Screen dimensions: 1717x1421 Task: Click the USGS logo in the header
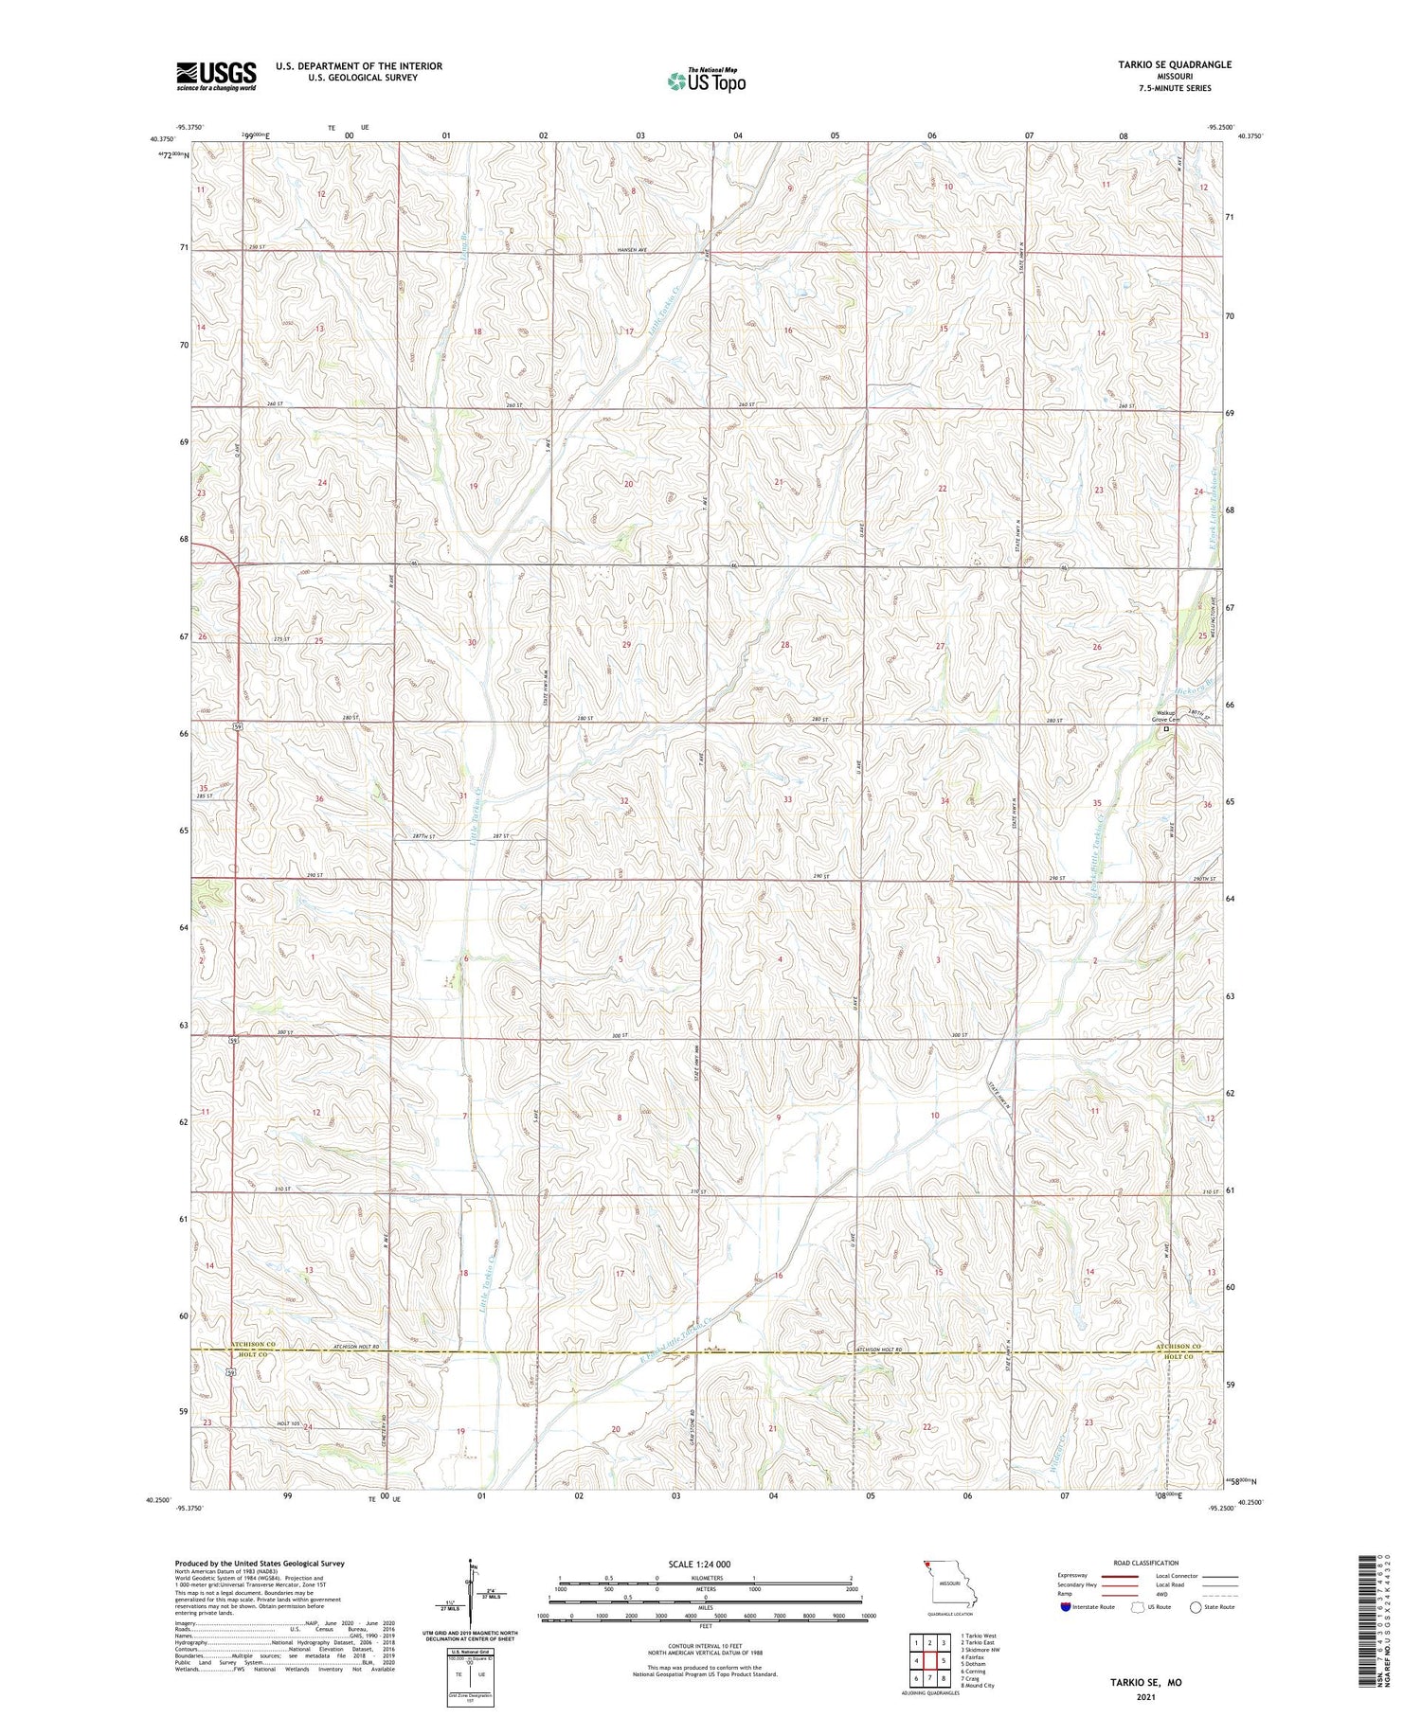point(216,76)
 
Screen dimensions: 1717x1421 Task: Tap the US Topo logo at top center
point(706,81)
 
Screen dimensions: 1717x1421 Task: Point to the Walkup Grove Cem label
point(1164,716)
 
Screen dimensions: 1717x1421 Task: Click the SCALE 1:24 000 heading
point(705,1564)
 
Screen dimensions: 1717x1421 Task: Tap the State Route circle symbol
point(1196,1607)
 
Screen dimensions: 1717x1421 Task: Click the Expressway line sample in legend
point(1119,1576)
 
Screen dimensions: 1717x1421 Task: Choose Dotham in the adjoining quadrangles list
point(973,1664)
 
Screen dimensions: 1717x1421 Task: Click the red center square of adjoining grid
point(930,1661)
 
